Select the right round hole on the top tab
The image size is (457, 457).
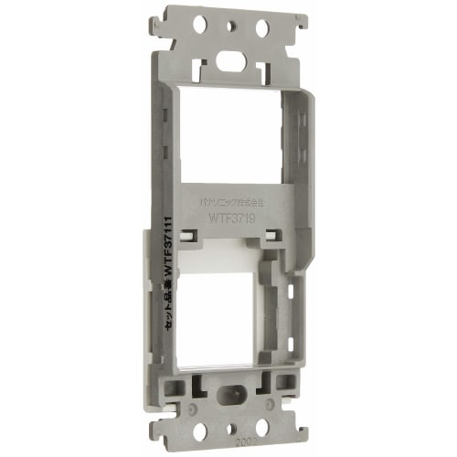tap(262, 28)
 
